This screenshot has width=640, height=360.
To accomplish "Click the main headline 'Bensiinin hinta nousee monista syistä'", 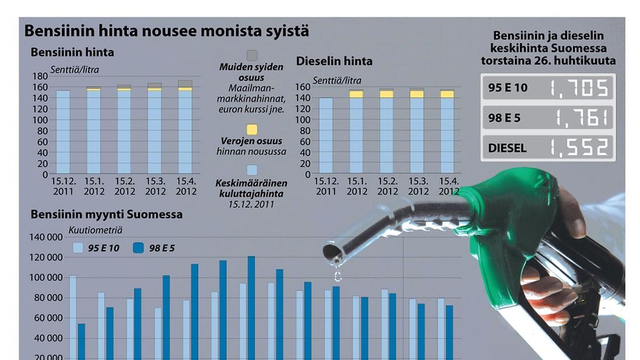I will [166, 31].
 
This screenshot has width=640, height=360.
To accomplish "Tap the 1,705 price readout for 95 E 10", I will [577, 87].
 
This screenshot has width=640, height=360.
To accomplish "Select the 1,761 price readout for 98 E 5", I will [577, 117].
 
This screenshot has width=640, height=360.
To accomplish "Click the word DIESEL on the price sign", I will [507, 148].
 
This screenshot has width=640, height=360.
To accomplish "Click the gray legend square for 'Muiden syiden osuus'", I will [252, 55].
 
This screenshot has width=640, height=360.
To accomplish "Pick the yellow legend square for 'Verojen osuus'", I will [252, 130].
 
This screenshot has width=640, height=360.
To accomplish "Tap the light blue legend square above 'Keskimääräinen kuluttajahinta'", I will [252, 170].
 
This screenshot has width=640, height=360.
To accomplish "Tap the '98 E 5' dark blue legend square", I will [139, 248].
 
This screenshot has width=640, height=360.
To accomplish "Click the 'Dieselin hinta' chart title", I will [334, 61].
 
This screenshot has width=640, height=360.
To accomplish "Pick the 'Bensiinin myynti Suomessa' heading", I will [106, 214].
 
